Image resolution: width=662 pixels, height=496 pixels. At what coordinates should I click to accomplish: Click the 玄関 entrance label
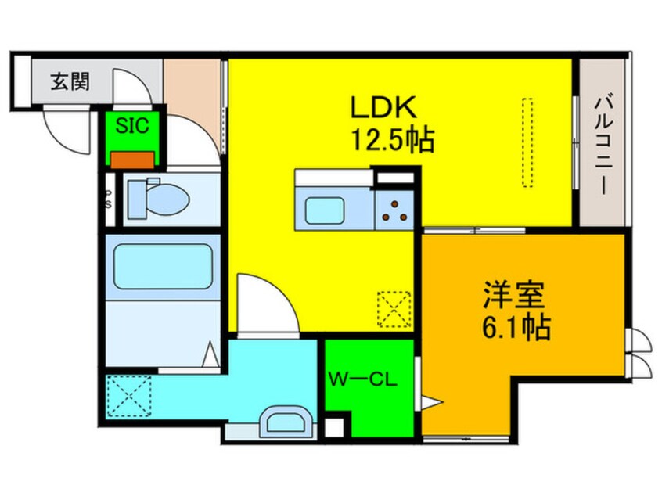pos(70,82)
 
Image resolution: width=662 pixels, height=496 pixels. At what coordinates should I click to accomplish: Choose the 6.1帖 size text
pos(516,329)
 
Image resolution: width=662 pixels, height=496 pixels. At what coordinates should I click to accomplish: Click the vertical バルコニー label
pos(602,144)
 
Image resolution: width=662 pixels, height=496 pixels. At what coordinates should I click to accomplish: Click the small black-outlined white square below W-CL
pos(333,429)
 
